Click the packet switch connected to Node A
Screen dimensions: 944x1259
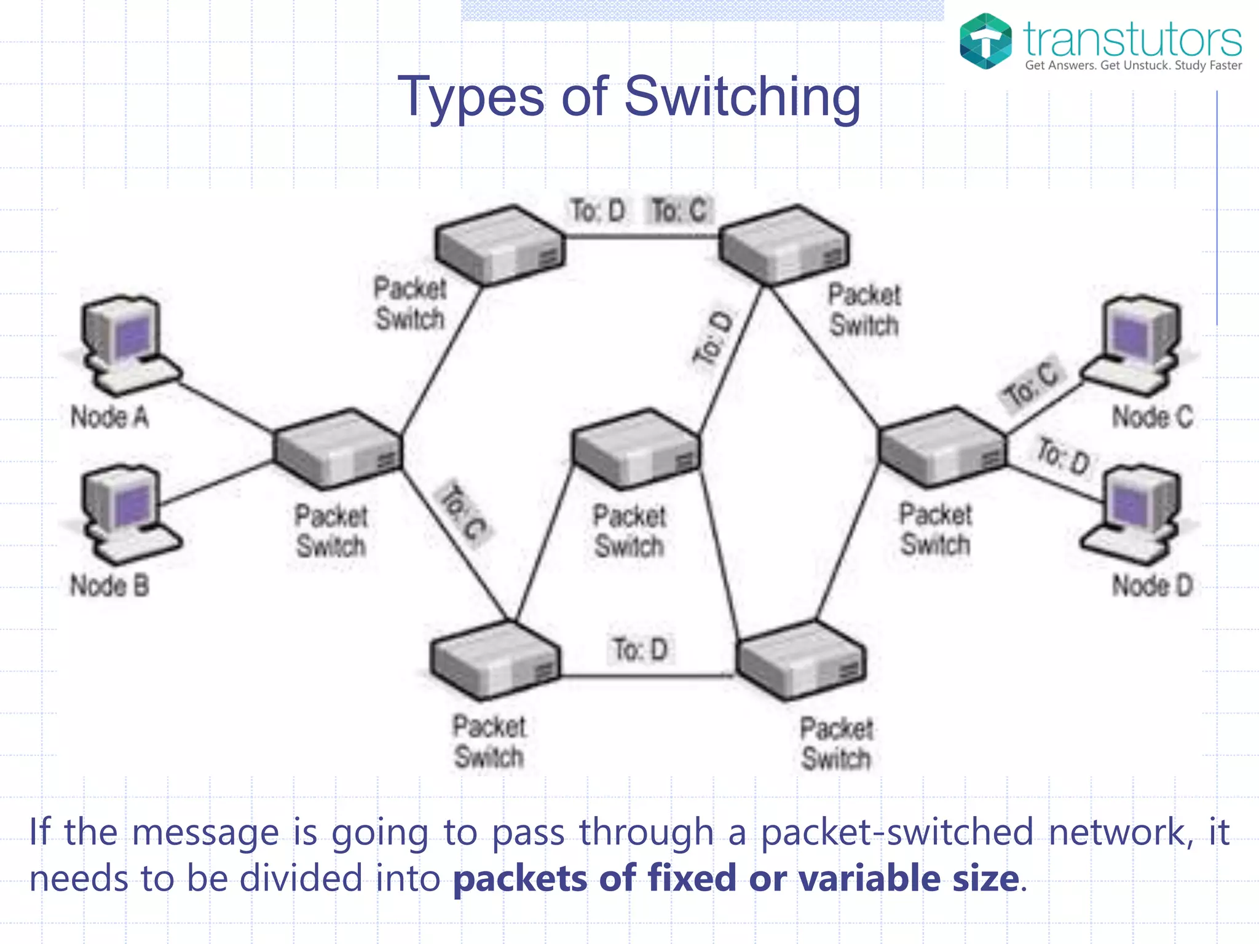(x=338, y=449)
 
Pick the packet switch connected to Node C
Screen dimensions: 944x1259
(x=943, y=446)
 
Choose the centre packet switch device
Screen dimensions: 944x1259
(x=636, y=449)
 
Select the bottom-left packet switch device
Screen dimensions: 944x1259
(x=495, y=660)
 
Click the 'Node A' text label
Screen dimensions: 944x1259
(x=109, y=417)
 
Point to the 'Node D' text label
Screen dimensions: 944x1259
(x=1152, y=585)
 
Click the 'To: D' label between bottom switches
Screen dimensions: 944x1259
(x=641, y=650)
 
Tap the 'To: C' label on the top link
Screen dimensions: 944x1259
(x=679, y=211)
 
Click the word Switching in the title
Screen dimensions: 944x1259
(x=742, y=96)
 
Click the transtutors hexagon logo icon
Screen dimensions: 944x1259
(x=985, y=41)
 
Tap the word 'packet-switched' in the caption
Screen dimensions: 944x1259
(x=897, y=833)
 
